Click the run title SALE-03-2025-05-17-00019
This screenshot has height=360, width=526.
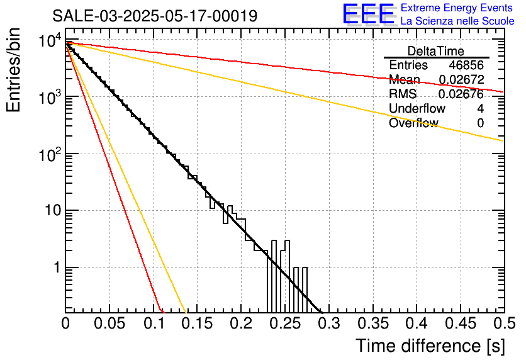tap(155, 16)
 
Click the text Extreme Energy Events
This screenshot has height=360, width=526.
tap(457, 8)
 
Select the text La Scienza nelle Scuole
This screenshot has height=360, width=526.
tap(457, 21)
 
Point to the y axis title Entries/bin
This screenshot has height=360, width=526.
tap(14, 71)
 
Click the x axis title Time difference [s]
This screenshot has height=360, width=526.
tap(430, 346)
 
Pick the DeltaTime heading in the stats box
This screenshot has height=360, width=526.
tap(436, 51)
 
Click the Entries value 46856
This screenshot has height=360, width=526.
tap(466, 65)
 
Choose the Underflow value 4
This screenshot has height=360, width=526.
tap(480, 109)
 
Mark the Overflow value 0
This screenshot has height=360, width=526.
tap(480, 123)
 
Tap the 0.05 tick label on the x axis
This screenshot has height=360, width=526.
tap(109, 323)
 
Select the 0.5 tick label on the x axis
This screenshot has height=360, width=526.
tap(503, 323)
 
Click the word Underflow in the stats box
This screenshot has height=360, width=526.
tap(417, 109)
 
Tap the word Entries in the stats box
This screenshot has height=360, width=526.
tap(408, 65)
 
